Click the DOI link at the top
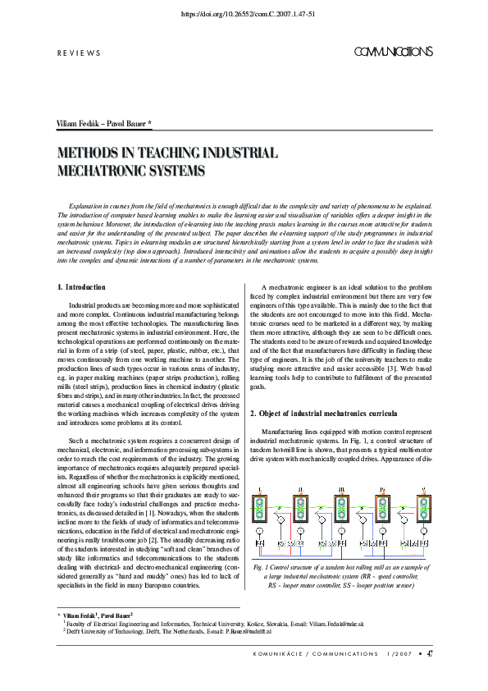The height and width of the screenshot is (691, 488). point(244,14)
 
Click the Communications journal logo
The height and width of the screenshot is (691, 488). point(393,52)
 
